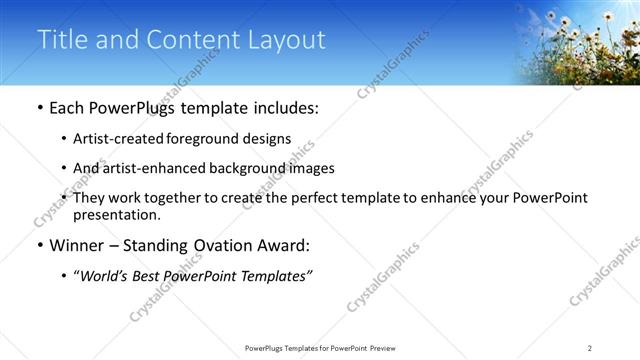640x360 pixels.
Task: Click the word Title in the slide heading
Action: coord(61,40)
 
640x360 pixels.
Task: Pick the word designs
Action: coord(270,140)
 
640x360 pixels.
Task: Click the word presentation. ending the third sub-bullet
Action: coord(116,214)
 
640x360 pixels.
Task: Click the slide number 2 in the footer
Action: coord(590,347)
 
